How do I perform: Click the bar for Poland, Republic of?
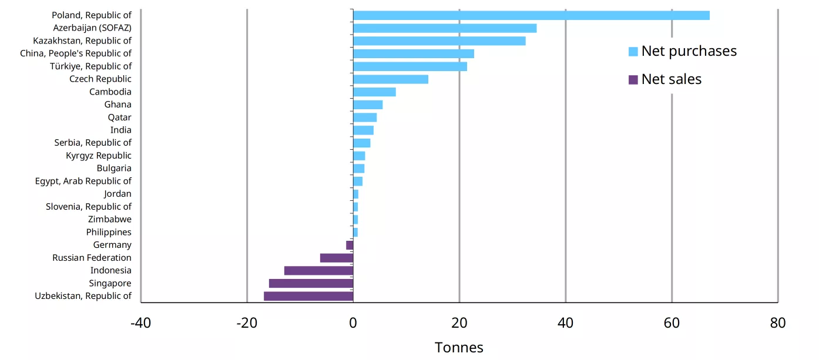531,15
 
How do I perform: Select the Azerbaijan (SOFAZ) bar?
444,28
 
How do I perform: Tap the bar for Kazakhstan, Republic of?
439,41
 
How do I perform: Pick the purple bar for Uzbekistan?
308,296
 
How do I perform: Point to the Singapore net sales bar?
311,283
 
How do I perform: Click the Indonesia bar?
318,271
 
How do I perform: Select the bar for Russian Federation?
336,258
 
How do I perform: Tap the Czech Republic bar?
390,79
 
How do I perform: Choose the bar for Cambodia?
374,92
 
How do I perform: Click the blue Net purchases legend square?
633,52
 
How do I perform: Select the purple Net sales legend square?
633,79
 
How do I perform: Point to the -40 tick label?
140,322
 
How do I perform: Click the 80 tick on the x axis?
777,322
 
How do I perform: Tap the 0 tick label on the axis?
353,322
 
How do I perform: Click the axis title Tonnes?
459,348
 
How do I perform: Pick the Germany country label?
112,245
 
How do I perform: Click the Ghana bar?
368,105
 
